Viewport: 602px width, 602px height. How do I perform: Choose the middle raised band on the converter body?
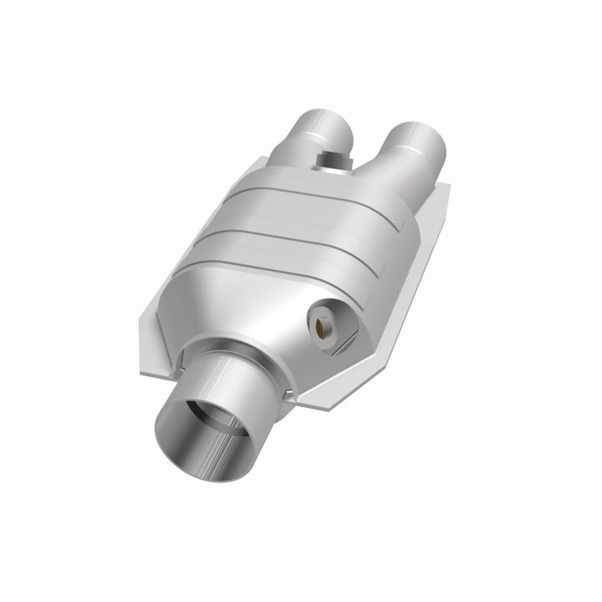[334, 226]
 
